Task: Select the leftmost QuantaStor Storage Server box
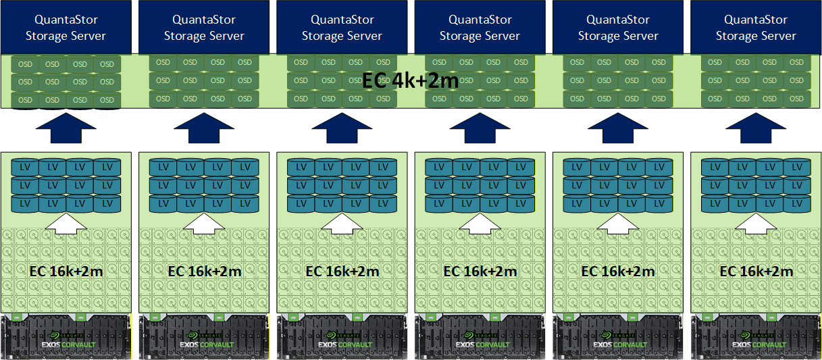[66, 27]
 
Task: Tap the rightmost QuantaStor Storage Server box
[756, 27]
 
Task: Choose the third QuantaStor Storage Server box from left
[342, 27]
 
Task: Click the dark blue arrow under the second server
[204, 128]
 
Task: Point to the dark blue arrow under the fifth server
[618, 128]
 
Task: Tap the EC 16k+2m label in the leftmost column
[66, 272]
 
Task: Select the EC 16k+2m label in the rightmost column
[756, 272]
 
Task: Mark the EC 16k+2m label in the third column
[342, 272]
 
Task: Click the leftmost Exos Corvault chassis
[66, 336]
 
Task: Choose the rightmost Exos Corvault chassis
[756, 336]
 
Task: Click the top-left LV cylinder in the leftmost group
[25, 166]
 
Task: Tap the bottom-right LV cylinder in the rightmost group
[797, 203]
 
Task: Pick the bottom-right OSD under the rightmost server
[797, 99]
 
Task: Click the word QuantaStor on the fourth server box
[480, 20]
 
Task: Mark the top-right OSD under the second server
[245, 63]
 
